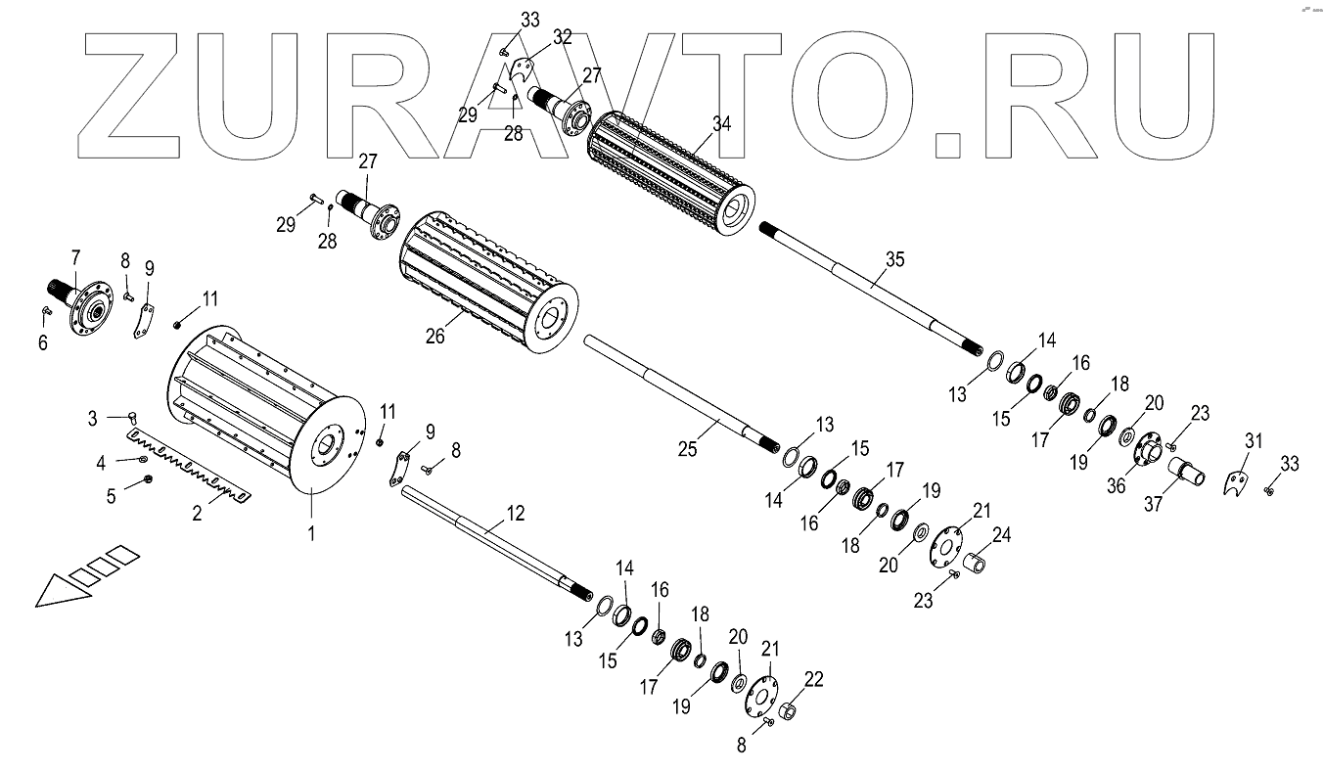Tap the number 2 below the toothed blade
(x=197, y=512)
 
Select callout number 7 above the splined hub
(x=74, y=257)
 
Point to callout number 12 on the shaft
(x=516, y=513)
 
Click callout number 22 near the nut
(x=815, y=680)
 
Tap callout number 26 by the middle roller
(x=435, y=336)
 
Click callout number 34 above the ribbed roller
(x=722, y=124)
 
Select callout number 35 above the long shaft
(x=894, y=259)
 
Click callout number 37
(x=1155, y=504)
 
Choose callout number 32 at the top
(x=562, y=37)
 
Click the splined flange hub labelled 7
(x=85, y=302)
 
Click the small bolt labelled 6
(x=46, y=312)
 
